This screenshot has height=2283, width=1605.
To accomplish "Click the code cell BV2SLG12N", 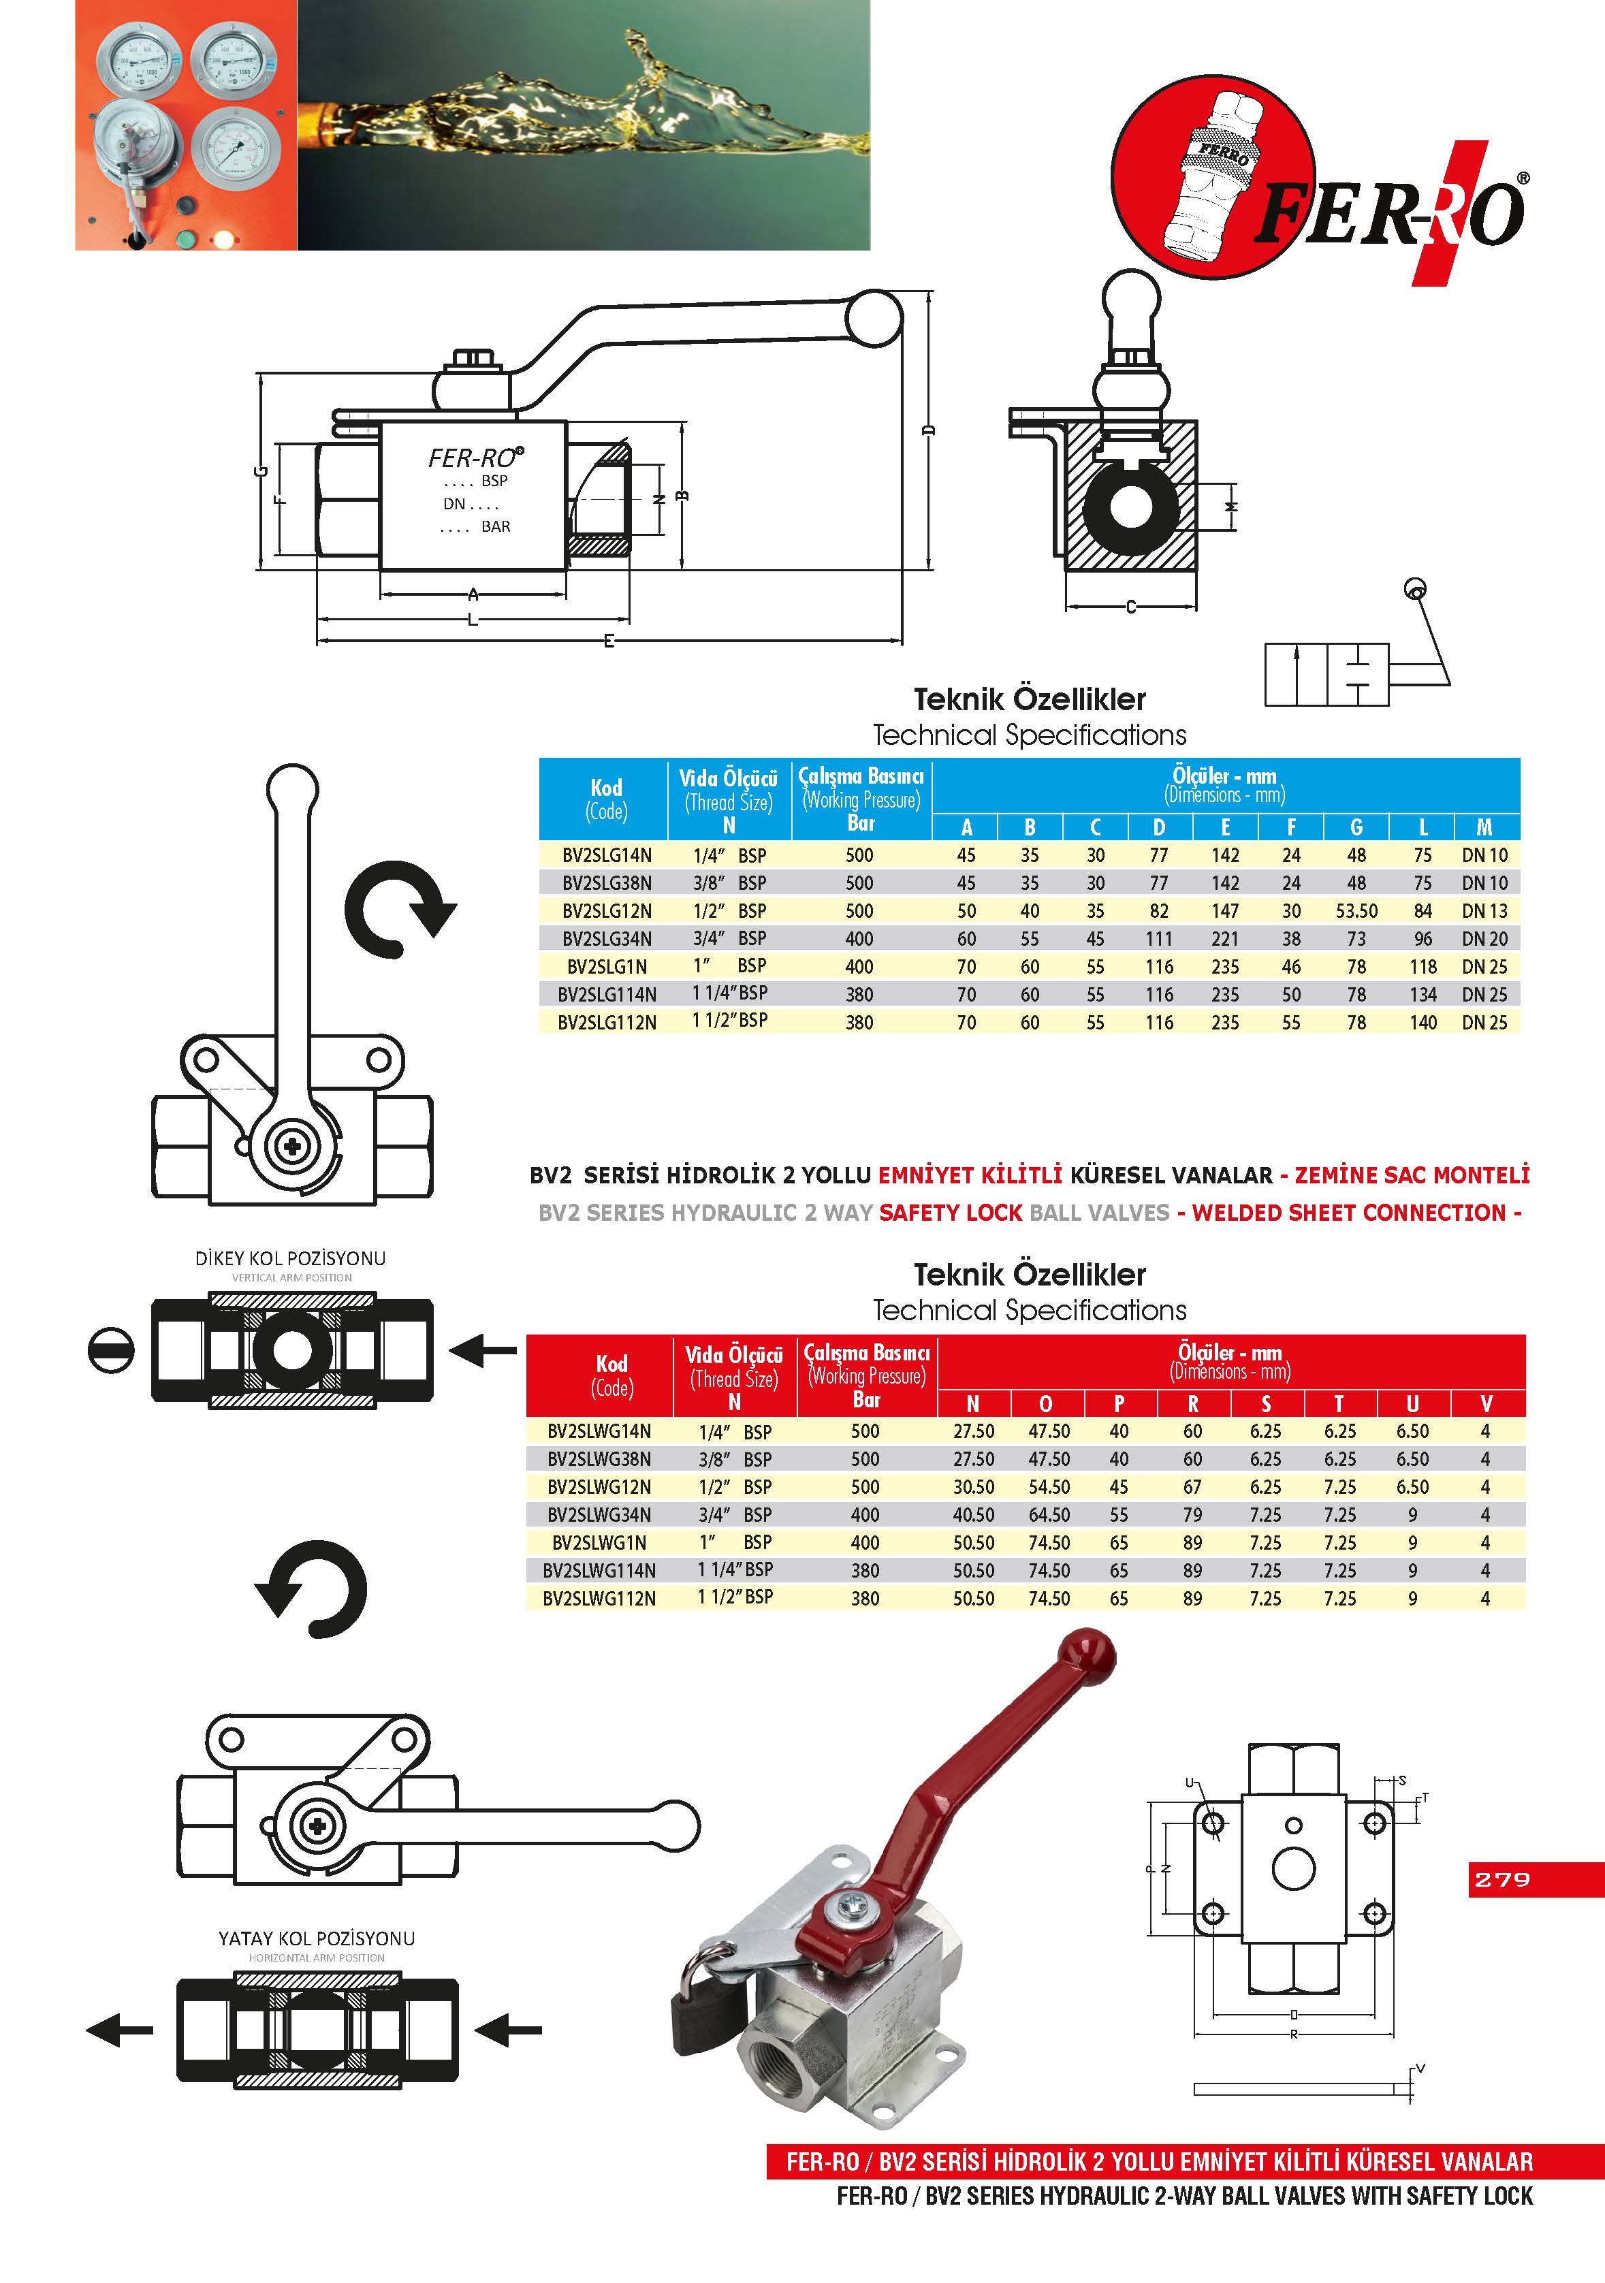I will [607, 911].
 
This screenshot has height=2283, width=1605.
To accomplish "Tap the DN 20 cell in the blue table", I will [1484, 939].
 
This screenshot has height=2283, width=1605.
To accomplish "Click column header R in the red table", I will [1192, 1403].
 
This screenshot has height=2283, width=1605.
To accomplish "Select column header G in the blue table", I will [1356, 827].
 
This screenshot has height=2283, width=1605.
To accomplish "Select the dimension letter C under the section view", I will [1130, 607].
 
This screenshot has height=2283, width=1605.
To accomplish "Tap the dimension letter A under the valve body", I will [473, 594].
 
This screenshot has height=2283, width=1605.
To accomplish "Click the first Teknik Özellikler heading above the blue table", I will [1029, 699].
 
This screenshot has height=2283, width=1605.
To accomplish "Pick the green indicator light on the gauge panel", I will [185, 238].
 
